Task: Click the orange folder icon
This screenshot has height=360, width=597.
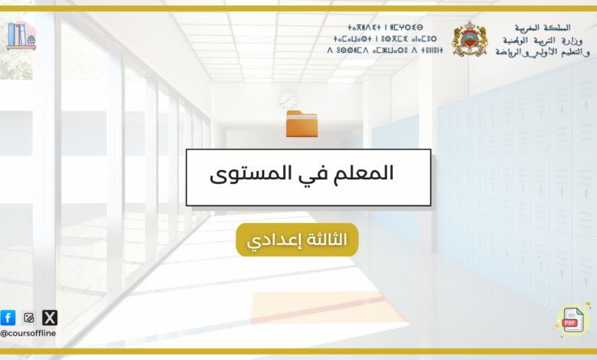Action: (x=302, y=123)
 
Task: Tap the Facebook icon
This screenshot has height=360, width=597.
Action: (x=8, y=317)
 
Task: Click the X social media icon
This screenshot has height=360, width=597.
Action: (x=50, y=317)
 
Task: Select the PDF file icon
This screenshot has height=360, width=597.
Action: (x=573, y=320)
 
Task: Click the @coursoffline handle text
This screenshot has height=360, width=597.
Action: (x=28, y=333)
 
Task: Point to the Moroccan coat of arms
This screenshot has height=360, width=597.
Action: (x=469, y=39)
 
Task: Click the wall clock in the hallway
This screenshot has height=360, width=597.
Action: (x=288, y=99)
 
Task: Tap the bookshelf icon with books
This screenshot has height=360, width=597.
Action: (x=21, y=36)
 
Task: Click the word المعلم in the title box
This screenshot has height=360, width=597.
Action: (x=364, y=173)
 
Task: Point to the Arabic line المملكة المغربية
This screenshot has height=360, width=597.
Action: (x=543, y=28)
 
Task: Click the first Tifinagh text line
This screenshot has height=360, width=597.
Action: (x=385, y=28)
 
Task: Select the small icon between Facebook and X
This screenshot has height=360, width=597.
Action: (x=28, y=317)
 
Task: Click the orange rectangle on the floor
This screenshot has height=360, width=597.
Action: (x=328, y=308)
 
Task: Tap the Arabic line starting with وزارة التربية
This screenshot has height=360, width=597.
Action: (x=542, y=41)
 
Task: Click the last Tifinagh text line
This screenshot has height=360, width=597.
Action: (x=385, y=50)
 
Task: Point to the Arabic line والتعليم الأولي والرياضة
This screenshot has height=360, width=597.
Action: (x=543, y=53)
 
